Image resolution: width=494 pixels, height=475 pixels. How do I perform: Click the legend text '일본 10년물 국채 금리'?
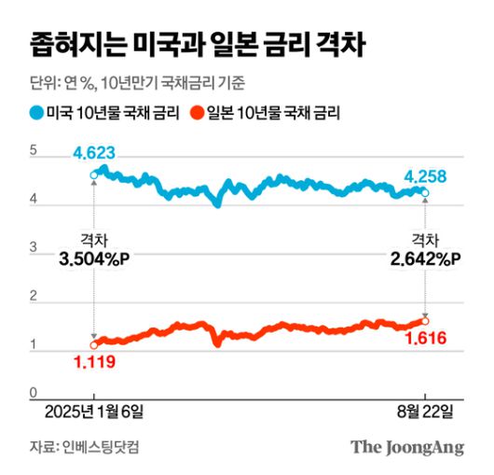271,114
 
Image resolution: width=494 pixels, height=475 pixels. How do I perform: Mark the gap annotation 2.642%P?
425,259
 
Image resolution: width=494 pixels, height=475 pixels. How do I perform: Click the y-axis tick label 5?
34,150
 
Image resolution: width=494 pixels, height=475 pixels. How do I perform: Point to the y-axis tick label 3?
34,248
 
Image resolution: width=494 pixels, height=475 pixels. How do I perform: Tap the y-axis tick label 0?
34,394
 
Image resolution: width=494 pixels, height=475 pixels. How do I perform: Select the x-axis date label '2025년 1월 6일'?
93,412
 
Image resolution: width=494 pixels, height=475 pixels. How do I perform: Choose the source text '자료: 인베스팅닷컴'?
89,447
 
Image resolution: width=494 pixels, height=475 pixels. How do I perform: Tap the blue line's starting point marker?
93,175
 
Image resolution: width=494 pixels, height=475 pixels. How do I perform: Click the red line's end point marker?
426,321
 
